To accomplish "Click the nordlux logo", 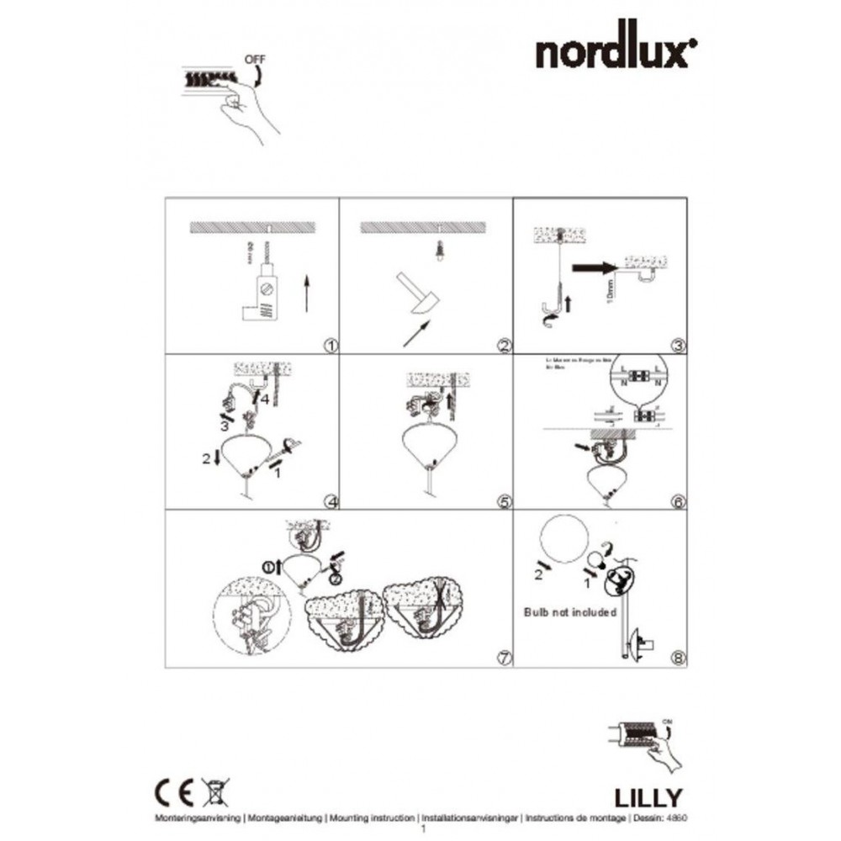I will coord(616,52).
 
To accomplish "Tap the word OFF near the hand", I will coord(254,60).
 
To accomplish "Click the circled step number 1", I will coord(330,345).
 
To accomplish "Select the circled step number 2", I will coord(505,345).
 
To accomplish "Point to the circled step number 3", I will coord(679,345).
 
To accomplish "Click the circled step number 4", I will coord(331,502).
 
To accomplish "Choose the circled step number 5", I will coord(505,502).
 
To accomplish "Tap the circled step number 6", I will coord(679,502).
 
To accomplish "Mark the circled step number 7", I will coord(505,659).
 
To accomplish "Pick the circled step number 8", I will coord(679,659).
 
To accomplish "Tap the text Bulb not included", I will coord(571,611).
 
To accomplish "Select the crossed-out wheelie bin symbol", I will coord(215,792).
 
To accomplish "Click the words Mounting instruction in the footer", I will coord(373,817).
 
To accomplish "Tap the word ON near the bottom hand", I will coord(669,722).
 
